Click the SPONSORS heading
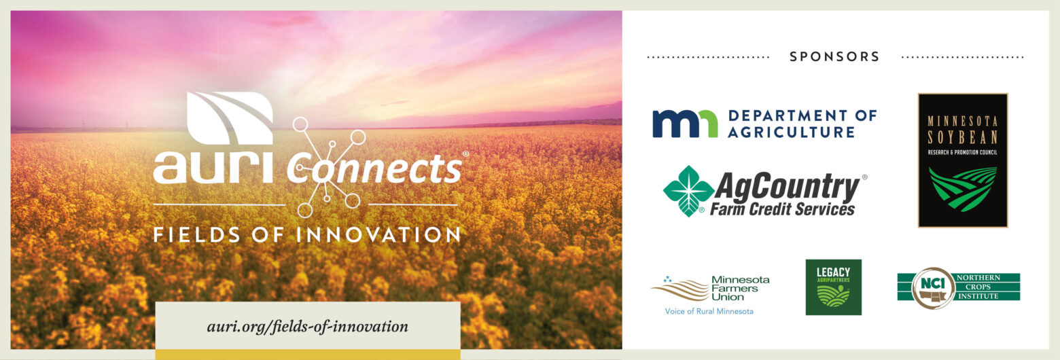pos(834,57)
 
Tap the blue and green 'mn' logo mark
pos(684,124)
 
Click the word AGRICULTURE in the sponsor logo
pos(791,132)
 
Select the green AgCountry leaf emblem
pos(688,190)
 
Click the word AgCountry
pos(786,186)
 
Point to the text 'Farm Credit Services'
pos(782,209)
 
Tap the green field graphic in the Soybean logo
pos(963,187)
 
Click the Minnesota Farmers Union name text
pos(740,288)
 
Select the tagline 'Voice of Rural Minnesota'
pos(709,311)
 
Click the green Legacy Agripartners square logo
pos(833,287)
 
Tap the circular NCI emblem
pos(933,288)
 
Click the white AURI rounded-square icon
pos(230,118)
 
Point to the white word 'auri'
pos(213,167)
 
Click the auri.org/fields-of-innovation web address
pos(307,326)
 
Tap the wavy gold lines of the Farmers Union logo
pos(679,288)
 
